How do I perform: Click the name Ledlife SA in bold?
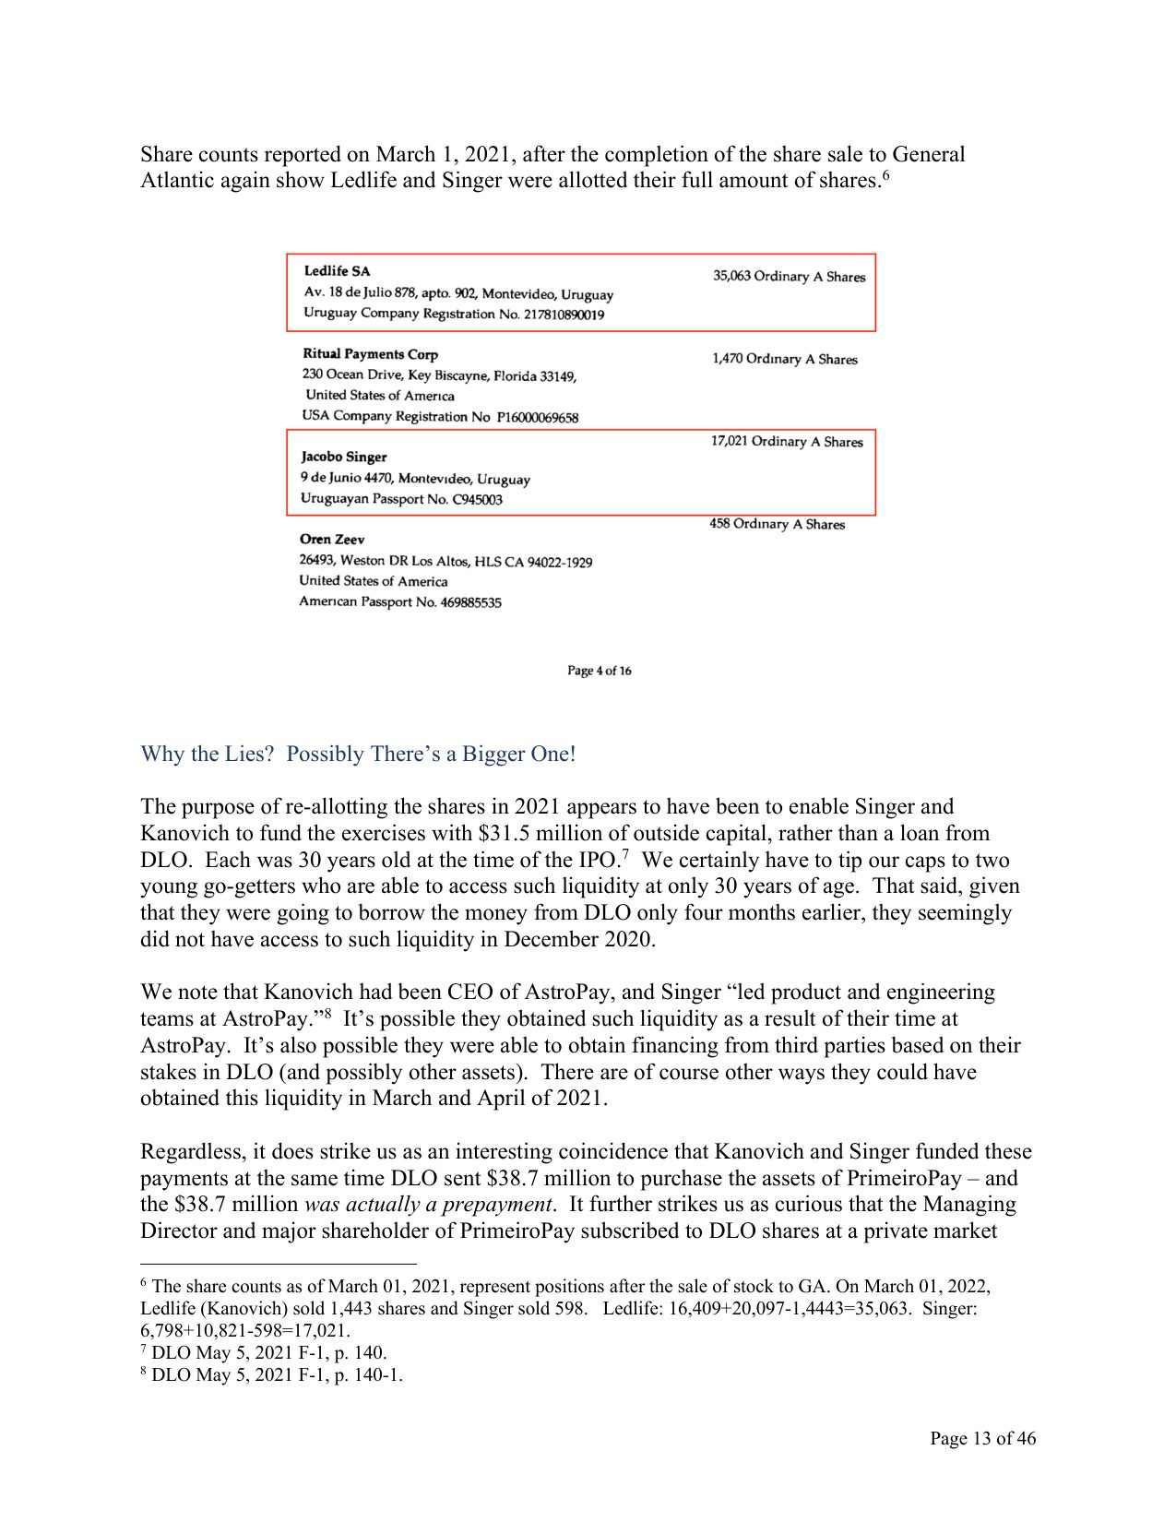337,271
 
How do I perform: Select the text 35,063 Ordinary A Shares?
789,277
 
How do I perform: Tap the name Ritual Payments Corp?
370,354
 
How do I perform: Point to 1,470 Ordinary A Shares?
784,359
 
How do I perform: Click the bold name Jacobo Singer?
343,457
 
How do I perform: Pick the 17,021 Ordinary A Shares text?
786,442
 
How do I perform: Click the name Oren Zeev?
331,540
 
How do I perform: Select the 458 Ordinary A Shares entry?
777,524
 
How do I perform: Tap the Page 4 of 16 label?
599,671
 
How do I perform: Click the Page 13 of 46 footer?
982,1438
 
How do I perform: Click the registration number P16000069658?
537,418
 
